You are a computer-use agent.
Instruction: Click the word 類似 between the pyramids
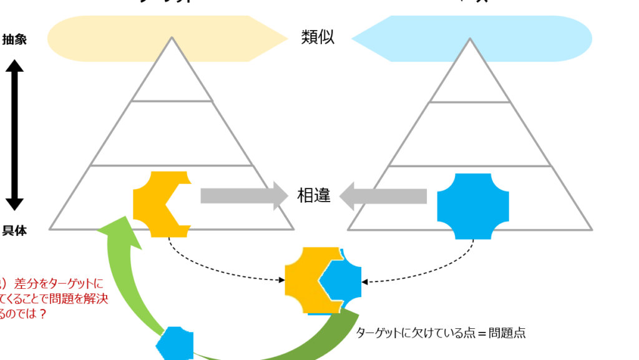coord(318,37)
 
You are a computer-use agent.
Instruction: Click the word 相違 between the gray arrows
coord(314,196)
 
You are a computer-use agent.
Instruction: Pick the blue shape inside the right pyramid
coord(472,206)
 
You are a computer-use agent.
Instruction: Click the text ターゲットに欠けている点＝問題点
coord(441,333)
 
